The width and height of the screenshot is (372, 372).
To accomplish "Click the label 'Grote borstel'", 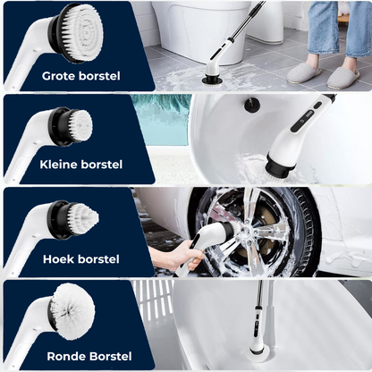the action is click(81, 76).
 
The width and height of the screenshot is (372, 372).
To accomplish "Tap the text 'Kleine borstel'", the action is click(81, 165).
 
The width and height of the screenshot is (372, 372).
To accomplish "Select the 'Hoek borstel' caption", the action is click(81, 258).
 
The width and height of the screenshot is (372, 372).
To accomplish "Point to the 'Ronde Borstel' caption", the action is click(89, 356).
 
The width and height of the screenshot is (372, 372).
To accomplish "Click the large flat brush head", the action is click(80, 33).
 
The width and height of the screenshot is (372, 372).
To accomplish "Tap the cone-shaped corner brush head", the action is click(76, 220).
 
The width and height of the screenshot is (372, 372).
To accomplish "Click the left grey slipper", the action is click(304, 73).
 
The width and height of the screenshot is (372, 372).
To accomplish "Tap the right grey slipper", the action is click(343, 78).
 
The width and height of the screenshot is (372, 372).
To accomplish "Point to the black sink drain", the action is click(252, 105).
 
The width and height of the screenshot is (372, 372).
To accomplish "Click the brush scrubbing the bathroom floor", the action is click(210, 79).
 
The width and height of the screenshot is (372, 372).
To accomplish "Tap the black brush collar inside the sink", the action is click(279, 165).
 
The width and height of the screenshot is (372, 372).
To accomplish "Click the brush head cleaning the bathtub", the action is click(256, 357).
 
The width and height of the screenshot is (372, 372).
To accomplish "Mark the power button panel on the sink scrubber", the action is click(304, 117).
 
